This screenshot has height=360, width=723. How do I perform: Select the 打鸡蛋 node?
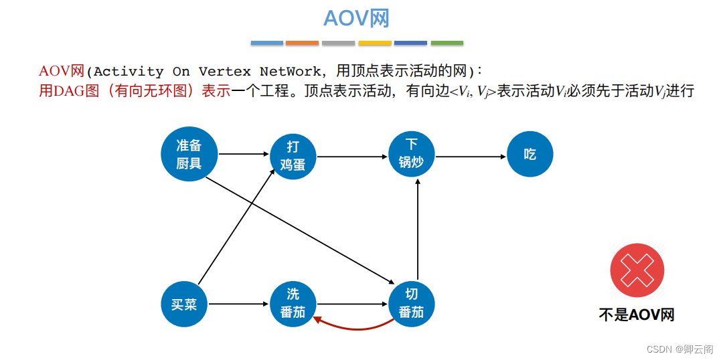pos(293,156)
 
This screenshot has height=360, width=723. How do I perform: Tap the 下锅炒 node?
pos(412,154)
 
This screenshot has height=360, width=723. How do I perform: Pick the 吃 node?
pos(530,155)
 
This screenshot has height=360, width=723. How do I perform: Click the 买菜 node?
pos(184,305)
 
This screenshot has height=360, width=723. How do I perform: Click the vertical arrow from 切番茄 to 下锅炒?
pos(417,228)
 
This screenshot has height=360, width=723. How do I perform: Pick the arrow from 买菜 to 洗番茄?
pos(238,304)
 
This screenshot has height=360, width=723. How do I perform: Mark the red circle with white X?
pos(637,270)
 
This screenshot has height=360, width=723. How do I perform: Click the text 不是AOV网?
pos(636,314)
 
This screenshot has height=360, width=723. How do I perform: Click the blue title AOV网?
pos(356,18)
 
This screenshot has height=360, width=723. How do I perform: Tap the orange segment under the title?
pos(303,43)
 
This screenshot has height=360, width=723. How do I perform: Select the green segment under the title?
pos(447,43)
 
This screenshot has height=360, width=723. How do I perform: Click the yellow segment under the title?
pos(375,43)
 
